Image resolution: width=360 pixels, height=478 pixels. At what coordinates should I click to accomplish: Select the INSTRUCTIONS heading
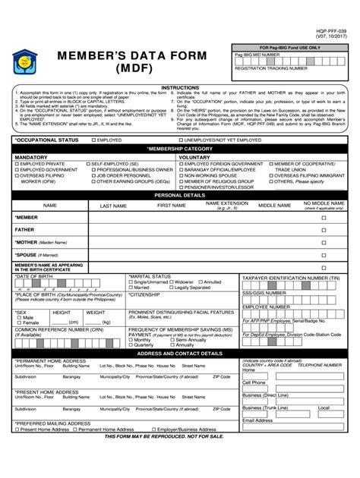(x=180, y=87)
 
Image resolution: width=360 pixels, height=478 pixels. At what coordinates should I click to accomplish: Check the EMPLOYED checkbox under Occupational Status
(x=94, y=140)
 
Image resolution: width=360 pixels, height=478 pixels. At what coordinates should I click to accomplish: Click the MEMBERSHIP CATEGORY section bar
(x=180, y=149)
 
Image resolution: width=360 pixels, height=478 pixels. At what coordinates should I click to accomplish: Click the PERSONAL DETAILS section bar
(x=180, y=195)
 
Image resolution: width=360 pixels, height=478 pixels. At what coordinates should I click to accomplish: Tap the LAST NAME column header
(x=113, y=206)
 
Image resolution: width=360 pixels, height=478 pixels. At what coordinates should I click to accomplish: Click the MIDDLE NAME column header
(x=274, y=205)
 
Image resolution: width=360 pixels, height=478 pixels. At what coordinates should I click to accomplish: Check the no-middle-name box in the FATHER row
(x=324, y=230)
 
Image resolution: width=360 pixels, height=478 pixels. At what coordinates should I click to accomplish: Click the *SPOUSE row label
(x=27, y=255)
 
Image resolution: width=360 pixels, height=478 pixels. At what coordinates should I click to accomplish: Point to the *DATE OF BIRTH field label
(x=32, y=278)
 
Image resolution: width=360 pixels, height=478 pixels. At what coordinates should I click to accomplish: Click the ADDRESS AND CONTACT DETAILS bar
(x=180, y=353)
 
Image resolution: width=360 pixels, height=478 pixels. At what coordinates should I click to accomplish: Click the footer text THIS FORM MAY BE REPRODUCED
(x=180, y=439)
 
